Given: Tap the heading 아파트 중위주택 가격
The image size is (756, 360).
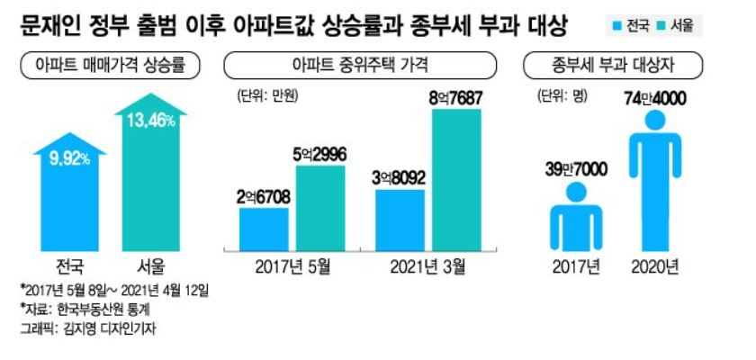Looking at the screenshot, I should (360, 67).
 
